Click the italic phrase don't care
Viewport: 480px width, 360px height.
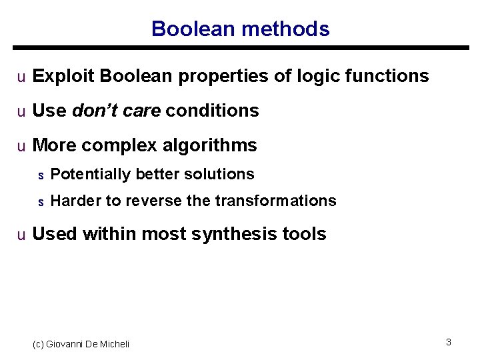tap(116, 111)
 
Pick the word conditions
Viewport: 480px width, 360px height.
tap(212, 111)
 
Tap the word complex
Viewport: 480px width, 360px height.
tap(119, 145)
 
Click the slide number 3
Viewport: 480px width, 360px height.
tap(449, 342)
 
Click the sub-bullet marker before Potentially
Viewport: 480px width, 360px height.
tap(40, 175)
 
